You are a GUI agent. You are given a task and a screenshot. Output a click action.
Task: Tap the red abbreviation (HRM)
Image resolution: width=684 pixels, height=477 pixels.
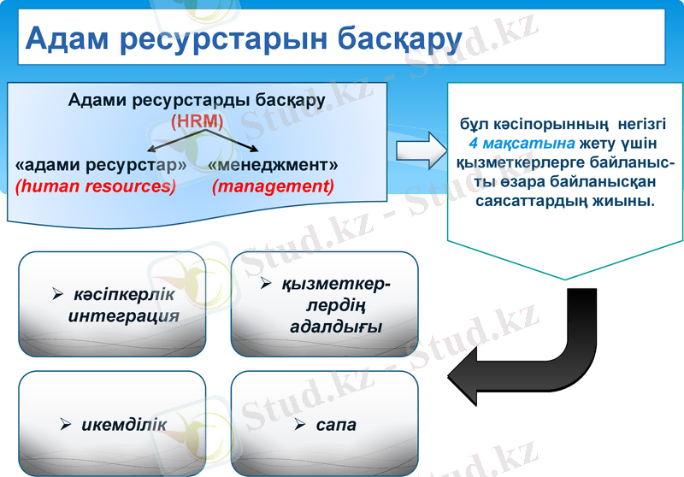198,121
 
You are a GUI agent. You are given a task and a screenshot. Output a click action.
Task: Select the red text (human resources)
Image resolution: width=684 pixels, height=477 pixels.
96,185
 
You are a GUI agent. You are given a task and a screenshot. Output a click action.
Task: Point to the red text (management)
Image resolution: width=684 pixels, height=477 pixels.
273,185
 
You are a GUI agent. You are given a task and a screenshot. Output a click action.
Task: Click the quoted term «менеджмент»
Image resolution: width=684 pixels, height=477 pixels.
273,163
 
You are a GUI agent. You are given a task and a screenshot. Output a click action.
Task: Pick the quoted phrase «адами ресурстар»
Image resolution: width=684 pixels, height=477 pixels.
101,163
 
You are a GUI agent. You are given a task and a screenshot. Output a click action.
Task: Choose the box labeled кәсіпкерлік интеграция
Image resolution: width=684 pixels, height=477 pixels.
112,303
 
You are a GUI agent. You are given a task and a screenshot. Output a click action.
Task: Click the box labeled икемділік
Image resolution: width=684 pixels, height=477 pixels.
112,424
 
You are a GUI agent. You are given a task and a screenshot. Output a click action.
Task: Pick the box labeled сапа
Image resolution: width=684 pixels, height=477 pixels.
324,424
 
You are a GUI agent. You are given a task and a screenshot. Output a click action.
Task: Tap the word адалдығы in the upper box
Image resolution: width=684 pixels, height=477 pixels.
336,326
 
